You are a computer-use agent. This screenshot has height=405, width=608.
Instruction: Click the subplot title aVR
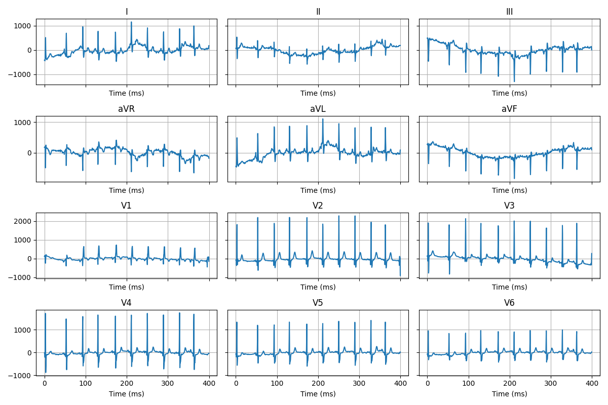pyautogui.click(x=126, y=109)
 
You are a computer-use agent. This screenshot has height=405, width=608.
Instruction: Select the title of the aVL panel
pyautogui.click(x=318, y=109)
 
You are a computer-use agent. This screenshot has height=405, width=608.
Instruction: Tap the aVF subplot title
pyautogui.click(x=509, y=109)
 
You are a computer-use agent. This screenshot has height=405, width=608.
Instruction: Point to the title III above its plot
pyautogui.click(x=509, y=12)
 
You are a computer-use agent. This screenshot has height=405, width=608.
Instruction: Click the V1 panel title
pyautogui.click(x=126, y=206)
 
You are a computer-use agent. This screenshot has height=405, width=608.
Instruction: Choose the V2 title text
pyautogui.click(x=318, y=206)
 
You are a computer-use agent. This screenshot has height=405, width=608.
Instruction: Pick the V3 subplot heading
pyautogui.click(x=509, y=206)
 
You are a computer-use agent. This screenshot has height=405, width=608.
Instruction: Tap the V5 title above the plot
pyautogui.click(x=318, y=303)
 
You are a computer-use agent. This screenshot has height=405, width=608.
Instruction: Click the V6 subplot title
pyautogui.click(x=509, y=303)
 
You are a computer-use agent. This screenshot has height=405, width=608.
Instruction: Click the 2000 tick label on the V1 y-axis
pyautogui.click(x=23, y=221)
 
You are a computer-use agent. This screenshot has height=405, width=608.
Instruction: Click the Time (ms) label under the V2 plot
pyautogui.click(x=318, y=287)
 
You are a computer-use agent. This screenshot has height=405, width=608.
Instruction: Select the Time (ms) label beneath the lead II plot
pyautogui.click(x=318, y=93)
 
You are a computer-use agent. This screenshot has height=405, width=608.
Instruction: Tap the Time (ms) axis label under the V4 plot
pyautogui.click(x=126, y=394)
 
